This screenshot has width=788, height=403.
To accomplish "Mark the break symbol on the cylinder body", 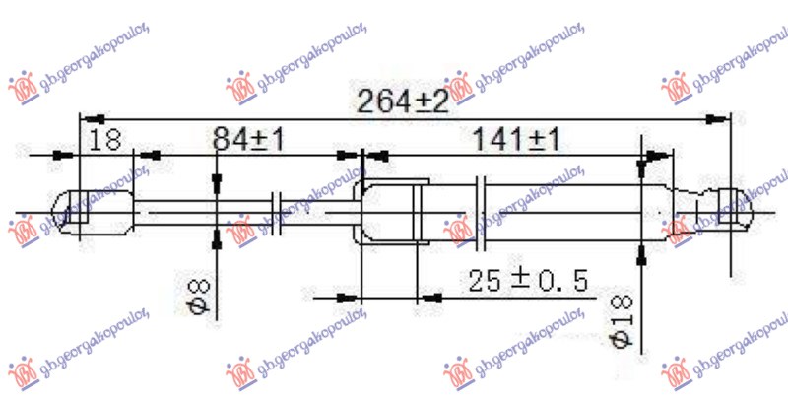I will pos(483,212).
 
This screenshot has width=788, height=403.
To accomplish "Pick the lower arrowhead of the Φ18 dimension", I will pos(641,254).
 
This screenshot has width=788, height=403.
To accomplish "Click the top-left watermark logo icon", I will pos(23,88).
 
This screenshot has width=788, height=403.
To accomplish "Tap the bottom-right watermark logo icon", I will pos(677,371).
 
